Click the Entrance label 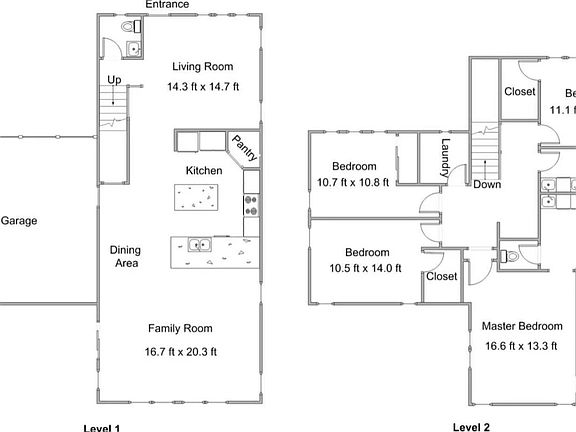point(166,5)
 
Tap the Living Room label point(202,67)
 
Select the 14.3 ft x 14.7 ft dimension point(203,87)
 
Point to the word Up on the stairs point(114,79)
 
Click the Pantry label point(243,149)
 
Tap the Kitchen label point(204,171)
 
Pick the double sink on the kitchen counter point(198,244)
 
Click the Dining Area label point(124,257)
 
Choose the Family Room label point(181,328)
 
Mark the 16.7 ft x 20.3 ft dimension point(182,351)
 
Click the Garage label point(18,221)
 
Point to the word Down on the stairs point(487,184)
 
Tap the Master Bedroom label point(521,326)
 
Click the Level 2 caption point(471,427)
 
